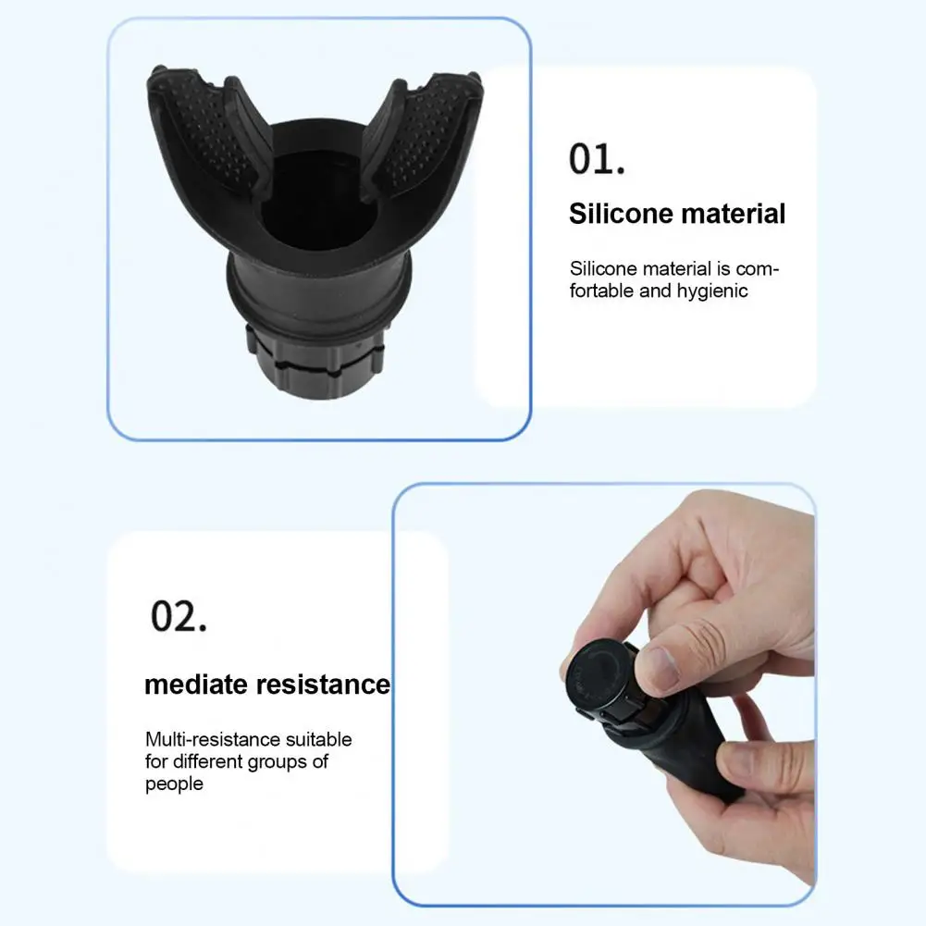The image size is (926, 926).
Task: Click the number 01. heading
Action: tap(597, 159)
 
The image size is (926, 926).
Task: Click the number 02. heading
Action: tap(179, 616)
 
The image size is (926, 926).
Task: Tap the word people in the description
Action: tap(174, 784)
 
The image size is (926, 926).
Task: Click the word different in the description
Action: tap(207, 762)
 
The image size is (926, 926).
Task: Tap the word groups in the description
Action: tap(278, 762)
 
